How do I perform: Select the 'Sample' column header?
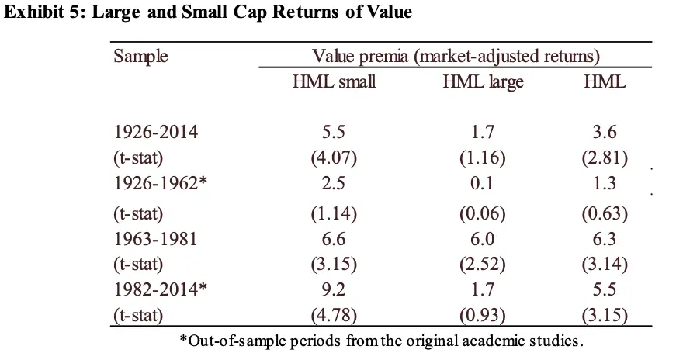point(140,57)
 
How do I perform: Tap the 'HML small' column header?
point(334,81)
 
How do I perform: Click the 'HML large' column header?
point(483,81)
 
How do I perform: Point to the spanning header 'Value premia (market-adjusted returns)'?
point(456,57)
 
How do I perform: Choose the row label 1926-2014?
point(155,132)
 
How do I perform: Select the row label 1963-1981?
point(155,237)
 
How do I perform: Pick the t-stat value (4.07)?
point(334,158)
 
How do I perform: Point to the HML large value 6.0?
point(482,237)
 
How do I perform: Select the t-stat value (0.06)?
point(482,211)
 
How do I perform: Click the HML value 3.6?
point(605,132)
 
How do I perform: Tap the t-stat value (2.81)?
point(605,158)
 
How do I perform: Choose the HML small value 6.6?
point(334,237)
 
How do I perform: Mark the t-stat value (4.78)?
point(334,316)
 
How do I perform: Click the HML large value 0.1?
point(482,184)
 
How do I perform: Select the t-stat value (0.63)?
point(605,211)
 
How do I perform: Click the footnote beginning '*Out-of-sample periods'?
point(381,341)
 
